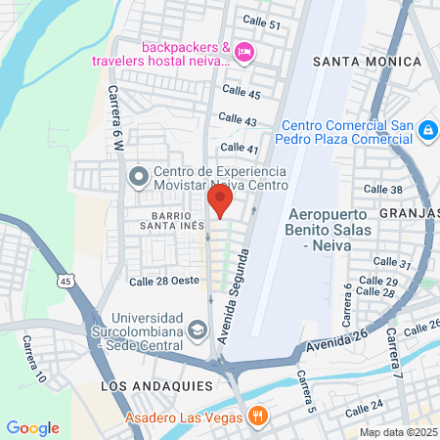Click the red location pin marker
pos(219,201)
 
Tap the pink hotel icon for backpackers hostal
pos(244,51)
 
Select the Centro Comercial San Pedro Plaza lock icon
pos(426,130)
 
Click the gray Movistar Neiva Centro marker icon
pos(138,177)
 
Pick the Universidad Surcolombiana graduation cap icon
pos(198,329)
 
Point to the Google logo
pos(32,427)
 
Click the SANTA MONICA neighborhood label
pos(367,62)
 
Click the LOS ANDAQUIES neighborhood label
pos(149,387)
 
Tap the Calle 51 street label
pos(261,23)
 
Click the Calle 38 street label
pos(382,189)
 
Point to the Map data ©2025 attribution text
pos(398,431)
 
